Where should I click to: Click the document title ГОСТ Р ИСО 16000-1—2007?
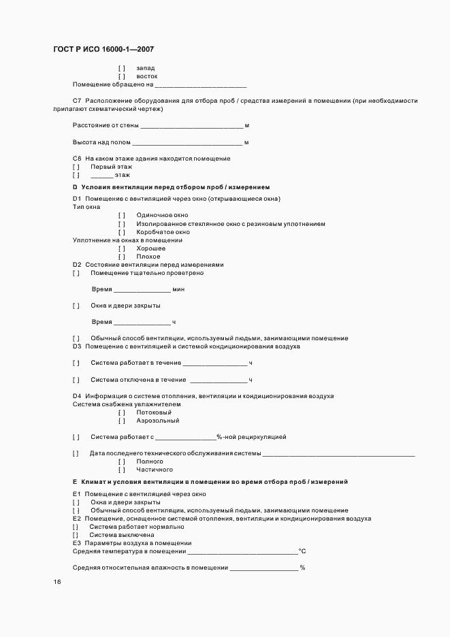click(103, 50)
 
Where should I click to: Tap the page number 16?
click(57, 582)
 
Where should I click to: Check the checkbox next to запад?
click(122, 68)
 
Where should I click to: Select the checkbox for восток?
click(122, 76)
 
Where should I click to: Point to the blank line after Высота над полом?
click(187, 143)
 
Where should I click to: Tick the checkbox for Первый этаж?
click(76, 167)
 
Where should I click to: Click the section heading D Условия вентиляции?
click(171, 186)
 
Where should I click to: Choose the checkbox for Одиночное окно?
click(122, 215)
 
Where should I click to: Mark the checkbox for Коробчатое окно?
click(122, 232)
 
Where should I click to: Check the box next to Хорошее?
click(122, 248)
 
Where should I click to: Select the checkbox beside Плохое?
click(122, 257)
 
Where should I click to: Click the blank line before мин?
click(142, 290)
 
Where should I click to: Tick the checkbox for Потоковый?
click(122, 412)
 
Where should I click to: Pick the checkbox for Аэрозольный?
click(122, 421)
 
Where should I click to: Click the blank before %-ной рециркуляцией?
click(186, 438)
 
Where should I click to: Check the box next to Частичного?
click(122, 470)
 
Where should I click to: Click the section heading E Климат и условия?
click(210, 482)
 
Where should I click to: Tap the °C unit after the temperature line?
click(303, 551)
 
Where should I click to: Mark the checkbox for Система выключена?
click(76, 535)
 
